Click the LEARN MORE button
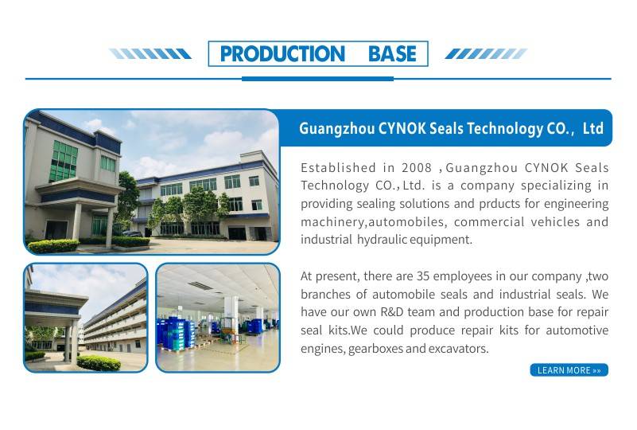coord(569,370)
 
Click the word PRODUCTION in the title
coord(282,53)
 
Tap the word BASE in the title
coord(392,53)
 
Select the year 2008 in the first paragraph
coord(417,167)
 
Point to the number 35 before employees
coord(423,276)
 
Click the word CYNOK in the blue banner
coord(402,128)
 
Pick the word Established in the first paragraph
coord(339,167)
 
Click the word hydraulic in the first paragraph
coord(382,240)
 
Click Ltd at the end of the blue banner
coord(593,128)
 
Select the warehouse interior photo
coord(218,318)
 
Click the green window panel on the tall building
coord(64,161)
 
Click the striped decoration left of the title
coord(150,53)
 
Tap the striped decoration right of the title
coord(486,53)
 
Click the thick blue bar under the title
coord(317,79)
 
